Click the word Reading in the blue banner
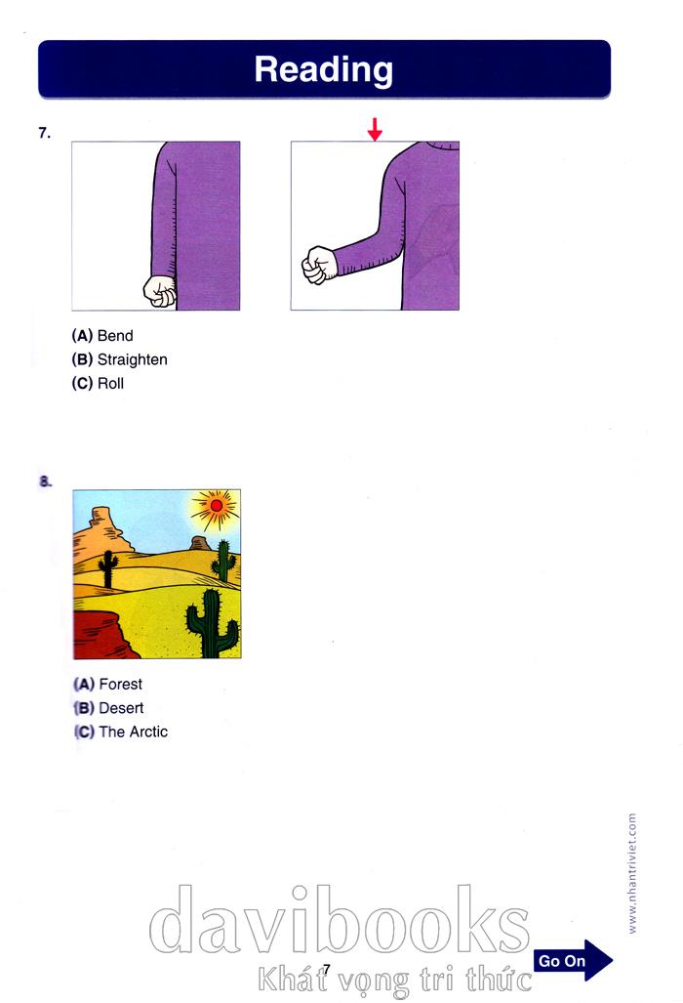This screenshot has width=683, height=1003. click(x=323, y=70)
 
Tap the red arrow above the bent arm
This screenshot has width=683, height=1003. click(x=375, y=129)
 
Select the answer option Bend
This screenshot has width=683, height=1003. click(x=102, y=336)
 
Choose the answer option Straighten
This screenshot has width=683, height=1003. click(x=119, y=359)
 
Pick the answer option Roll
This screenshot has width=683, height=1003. click(x=98, y=383)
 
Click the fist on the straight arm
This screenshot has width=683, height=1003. click(x=160, y=291)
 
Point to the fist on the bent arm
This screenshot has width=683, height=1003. click(x=319, y=265)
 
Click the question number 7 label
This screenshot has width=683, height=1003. click(x=44, y=133)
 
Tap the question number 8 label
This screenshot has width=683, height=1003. click(x=45, y=481)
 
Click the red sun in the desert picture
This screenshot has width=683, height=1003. click(x=216, y=506)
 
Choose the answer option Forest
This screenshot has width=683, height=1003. click(x=108, y=685)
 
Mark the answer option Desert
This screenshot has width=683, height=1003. click(x=108, y=708)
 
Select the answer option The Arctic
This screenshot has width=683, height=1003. click(x=121, y=731)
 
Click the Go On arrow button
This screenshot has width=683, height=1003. click(x=573, y=960)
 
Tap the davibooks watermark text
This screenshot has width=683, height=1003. click(x=340, y=920)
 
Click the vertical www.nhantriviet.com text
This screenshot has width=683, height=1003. click(x=632, y=873)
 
